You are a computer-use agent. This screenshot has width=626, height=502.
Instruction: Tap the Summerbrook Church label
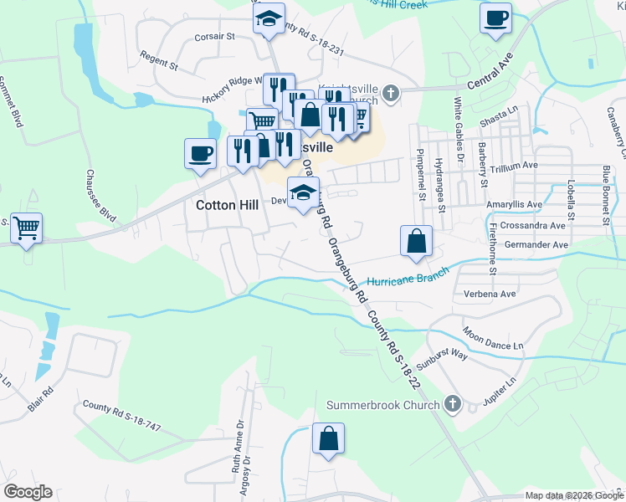pyautogui.click(x=382, y=406)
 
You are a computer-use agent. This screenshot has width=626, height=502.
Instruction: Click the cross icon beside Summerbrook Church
pyautogui.click(x=452, y=405)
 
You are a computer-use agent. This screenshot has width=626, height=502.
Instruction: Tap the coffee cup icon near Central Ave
pyautogui.click(x=495, y=18)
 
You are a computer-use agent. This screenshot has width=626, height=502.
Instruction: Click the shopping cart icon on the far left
pyautogui.click(x=26, y=227)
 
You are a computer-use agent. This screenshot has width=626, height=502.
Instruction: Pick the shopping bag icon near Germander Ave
pyautogui.click(x=416, y=241)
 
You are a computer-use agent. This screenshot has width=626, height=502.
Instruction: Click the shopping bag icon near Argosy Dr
pyautogui.click(x=328, y=438)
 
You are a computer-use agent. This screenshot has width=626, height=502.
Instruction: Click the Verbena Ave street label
pyautogui.click(x=485, y=295)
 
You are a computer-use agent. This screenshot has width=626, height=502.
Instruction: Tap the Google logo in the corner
pyautogui.click(x=28, y=492)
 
